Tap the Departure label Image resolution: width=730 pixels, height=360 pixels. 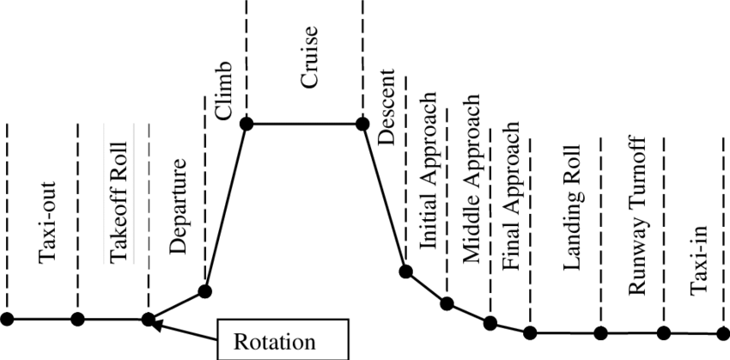[179, 205]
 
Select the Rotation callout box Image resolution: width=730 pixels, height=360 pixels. [283, 339]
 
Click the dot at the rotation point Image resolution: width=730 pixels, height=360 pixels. [148, 320]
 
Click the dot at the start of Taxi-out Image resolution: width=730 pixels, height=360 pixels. [7, 319]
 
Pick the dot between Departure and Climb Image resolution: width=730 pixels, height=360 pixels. [205, 290]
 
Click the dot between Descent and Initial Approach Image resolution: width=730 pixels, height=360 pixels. [406, 272]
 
